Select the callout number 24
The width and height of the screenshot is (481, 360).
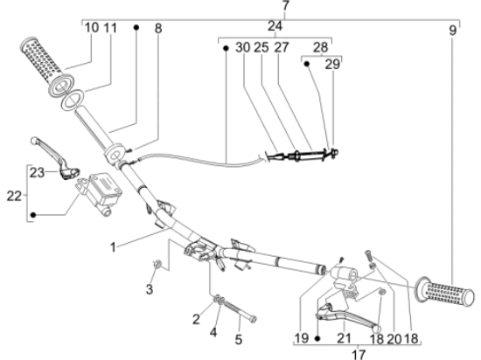(275, 27)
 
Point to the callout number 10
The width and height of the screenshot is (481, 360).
(92, 28)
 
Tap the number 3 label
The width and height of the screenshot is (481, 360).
(149, 288)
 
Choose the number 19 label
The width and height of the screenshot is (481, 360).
(302, 337)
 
